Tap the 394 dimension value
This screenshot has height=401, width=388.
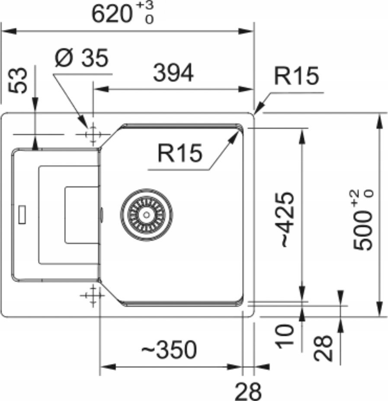(173, 74)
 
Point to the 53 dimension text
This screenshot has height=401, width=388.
(18, 81)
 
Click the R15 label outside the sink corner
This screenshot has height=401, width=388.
(297, 76)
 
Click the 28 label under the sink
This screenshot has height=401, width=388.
(248, 391)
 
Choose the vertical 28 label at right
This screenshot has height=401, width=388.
(324, 347)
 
